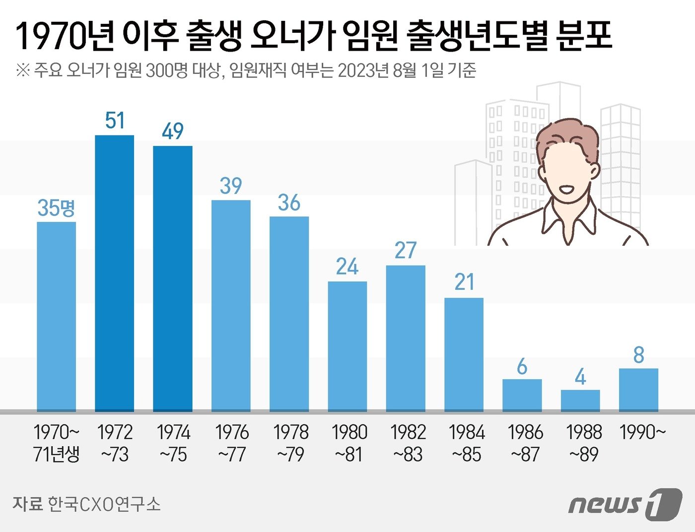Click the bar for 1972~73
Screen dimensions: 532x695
[x=114, y=273]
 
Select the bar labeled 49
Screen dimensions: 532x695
[x=172, y=278]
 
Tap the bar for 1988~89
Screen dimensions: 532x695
[x=580, y=400]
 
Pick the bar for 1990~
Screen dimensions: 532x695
[x=638, y=390]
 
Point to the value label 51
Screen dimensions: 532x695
[x=115, y=121]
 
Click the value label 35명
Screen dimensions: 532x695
[x=56, y=207]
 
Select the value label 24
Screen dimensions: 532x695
[x=347, y=267]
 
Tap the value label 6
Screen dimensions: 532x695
[x=522, y=367]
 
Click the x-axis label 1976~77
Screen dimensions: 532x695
[x=232, y=443]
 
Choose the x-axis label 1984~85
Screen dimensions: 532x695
[x=466, y=443]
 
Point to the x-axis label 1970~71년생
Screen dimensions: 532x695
[x=57, y=443]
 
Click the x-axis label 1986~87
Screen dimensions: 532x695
[x=525, y=443]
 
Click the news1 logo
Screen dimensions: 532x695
[x=625, y=504]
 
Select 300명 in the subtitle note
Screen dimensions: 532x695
[x=167, y=70]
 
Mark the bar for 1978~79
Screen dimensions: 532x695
[x=289, y=314]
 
